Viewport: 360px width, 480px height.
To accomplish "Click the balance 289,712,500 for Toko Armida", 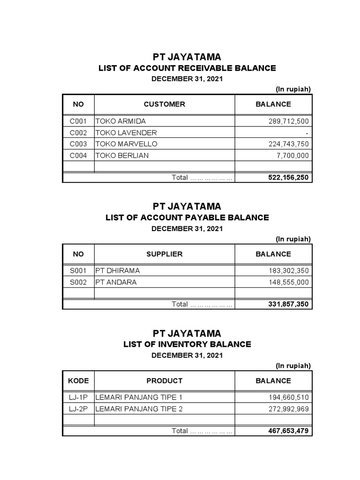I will (289, 121).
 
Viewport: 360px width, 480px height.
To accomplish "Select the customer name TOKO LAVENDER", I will (126, 133).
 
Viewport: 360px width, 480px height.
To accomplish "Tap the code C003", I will (78, 144).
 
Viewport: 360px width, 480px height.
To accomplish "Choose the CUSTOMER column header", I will (164, 104).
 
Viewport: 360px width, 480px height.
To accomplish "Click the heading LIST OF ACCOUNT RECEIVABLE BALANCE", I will (187, 68).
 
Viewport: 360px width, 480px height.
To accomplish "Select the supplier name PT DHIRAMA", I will (117, 270).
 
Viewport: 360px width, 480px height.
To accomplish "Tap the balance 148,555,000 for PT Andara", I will (289, 282).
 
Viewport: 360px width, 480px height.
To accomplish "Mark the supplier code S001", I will (78, 270).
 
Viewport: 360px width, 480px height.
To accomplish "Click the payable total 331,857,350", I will (288, 304).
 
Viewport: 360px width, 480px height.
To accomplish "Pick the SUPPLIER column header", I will (164, 254).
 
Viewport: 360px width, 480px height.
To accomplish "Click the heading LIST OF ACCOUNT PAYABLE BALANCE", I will (187, 217).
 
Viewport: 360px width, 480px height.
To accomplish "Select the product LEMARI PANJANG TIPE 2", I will (139, 409).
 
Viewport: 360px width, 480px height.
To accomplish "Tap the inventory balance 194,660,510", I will (289, 397).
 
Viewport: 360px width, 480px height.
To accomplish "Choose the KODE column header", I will (78, 381).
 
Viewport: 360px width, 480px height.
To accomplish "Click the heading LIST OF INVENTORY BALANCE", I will (187, 344).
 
